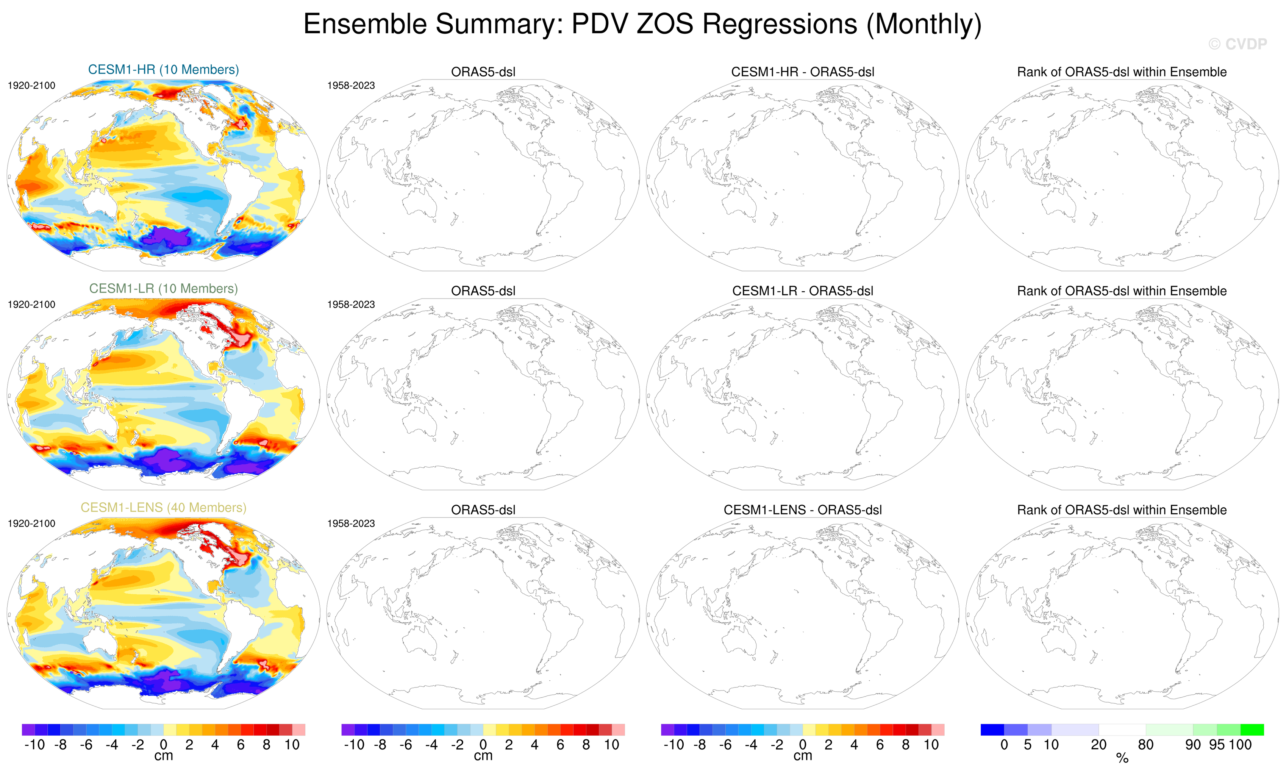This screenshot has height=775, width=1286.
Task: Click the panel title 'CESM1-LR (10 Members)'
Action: [163, 289]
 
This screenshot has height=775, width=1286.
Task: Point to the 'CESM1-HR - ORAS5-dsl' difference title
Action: [803, 72]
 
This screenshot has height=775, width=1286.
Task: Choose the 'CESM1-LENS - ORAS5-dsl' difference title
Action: [803, 510]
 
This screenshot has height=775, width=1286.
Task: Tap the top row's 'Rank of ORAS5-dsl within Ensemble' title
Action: [1122, 72]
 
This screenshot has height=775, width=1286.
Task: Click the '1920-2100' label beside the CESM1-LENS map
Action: [31, 523]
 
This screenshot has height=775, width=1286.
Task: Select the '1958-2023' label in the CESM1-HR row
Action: [351, 86]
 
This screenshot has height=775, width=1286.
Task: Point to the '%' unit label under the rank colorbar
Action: [1122, 758]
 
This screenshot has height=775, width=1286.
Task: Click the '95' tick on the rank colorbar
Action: [1217, 745]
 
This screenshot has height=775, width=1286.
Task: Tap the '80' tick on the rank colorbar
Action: [1145, 745]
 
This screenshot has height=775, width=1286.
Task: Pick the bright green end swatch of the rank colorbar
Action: [1252, 730]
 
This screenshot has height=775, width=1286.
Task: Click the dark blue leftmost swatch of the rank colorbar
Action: [992, 730]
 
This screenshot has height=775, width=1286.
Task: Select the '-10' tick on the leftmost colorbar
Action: [34, 745]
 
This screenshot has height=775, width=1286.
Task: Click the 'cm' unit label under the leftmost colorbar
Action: [163, 756]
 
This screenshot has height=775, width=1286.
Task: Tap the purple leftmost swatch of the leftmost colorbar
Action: [28, 730]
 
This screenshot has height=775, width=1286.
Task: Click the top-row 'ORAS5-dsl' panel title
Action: [483, 72]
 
